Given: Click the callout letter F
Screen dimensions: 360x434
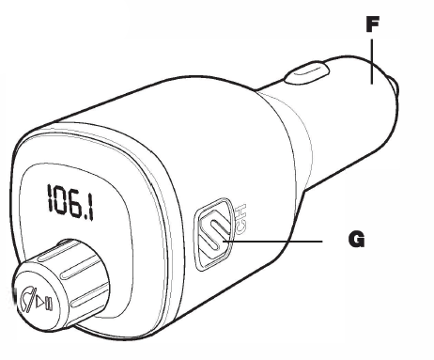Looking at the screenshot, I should tap(372, 26).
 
